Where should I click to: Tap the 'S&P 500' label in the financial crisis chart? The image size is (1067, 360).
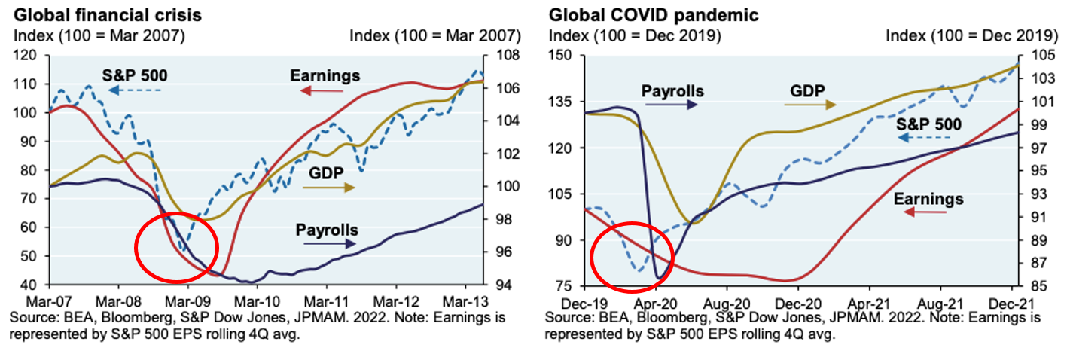tap(135, 75)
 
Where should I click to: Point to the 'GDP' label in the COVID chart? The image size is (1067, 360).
tap(807, 90)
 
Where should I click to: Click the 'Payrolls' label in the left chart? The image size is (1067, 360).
tap(327, 230)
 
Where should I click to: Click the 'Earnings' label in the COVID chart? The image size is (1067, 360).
tap(928, 199)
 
